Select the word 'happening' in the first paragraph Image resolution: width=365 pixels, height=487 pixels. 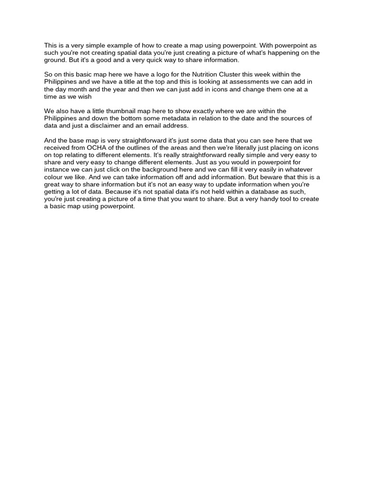tap(282, 53)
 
